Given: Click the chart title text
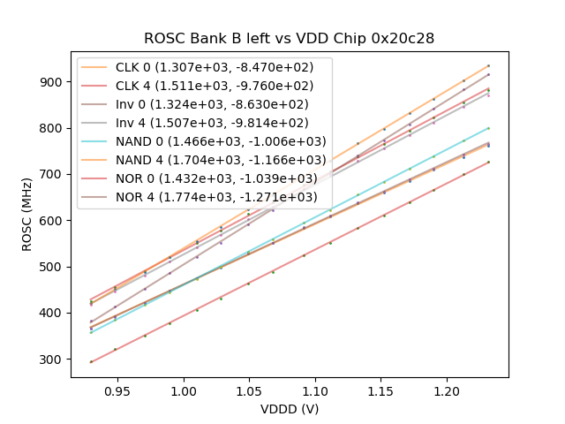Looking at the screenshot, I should tap(290, 39).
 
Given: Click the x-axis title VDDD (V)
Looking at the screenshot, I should tap(290, 409).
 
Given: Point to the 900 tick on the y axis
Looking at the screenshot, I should tap(52, 82).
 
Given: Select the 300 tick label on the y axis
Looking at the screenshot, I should tap(52, 360).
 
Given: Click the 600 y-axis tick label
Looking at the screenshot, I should tap(52, 221).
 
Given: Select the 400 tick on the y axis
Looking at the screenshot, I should tap(52, 314).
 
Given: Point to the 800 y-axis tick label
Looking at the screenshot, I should tap(52, 128).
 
